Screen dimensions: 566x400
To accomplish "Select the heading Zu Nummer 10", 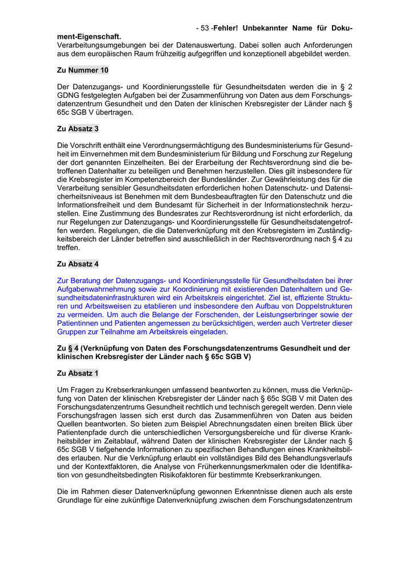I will tap(83, 70).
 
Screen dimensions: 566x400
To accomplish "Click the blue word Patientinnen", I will tap(79, 323).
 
